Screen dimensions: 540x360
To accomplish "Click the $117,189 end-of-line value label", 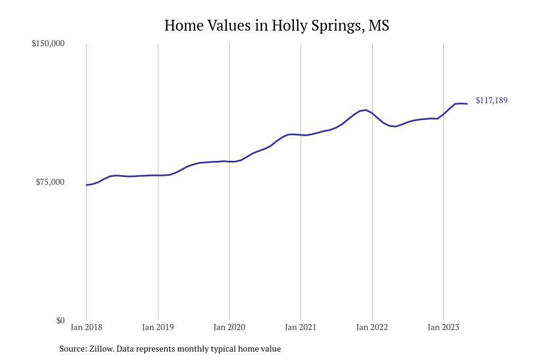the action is pos(491,100).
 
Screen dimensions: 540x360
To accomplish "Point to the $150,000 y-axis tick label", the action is pos(48,43).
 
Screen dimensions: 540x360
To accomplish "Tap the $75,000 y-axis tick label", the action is pos(50,182).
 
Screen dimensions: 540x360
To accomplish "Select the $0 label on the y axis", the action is pos(61,320).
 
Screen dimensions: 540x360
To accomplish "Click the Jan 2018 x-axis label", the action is pos(86,327).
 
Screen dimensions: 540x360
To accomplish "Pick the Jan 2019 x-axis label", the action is pos(158,327).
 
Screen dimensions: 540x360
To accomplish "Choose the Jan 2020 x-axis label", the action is pos(229,327).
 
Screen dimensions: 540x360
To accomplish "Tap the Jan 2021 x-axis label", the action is pos(301,327).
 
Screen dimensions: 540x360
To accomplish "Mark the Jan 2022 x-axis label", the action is pos(372,327).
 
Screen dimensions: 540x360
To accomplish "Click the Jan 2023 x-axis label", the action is pos(443,327).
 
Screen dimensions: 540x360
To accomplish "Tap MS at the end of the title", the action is pos(379,25).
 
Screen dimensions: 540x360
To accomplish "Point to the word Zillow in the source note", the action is pos(101,349).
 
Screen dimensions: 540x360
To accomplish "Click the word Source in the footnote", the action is pos(73,349).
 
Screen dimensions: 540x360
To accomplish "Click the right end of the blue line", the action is pos(467,104).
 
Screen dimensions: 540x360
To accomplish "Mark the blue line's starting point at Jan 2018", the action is pos(86,185).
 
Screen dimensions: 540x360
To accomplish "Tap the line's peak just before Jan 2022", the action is pos(366,110).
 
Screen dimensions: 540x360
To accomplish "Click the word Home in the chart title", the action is pos(184,25).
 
